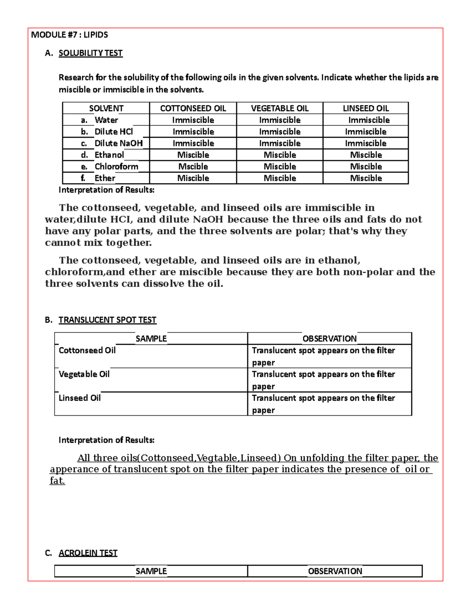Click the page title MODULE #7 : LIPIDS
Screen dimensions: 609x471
tap(69, 35)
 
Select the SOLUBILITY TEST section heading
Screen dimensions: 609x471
tap(90, 53)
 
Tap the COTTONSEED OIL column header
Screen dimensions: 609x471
tap(193, 108)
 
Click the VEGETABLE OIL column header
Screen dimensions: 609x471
tap(279, 108)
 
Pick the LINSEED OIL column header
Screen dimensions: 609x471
tap(365, 108)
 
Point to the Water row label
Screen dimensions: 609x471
tap(106, 120)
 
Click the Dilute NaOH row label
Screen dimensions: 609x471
tap(118, 143)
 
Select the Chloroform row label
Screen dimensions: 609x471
tap(116, 166)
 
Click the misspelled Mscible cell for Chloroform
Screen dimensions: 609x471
tap(193, 166)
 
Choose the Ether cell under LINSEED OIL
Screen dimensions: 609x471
tap(365, 178)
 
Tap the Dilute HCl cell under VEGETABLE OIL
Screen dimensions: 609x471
tap(279, 131)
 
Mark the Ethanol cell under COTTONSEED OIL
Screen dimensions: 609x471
tap(193, 155)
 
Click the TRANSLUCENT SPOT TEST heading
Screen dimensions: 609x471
tap(107, 320)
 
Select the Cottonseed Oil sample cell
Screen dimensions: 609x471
tap(87, 350)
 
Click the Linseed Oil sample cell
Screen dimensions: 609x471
tap(80, 398)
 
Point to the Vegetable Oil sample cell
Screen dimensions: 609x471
tap(84, 374)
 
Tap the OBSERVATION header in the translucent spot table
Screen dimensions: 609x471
tap(329, 338)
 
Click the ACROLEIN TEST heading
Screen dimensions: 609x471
tap(88, 553)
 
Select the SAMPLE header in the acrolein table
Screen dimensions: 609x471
tap(151, 571)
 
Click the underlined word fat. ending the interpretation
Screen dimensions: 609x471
tap(57, 481)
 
